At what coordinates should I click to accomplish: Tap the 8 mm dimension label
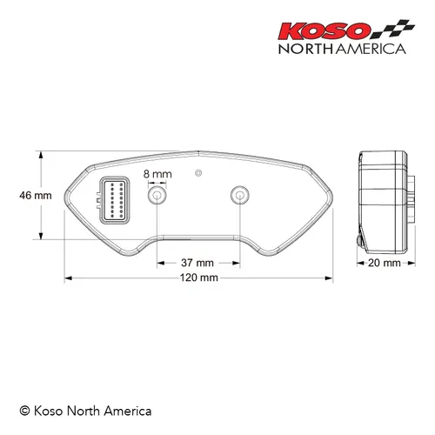tap(157, 174)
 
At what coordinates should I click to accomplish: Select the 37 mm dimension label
tap(197, 262)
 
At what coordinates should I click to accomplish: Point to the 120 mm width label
tap(198, 278)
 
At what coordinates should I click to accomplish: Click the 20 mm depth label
tap(384, 262)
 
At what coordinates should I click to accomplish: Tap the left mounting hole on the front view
tap(157, 197)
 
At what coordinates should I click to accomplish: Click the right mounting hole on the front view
tap(238, 195)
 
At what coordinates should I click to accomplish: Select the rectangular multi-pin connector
tap(115, 200)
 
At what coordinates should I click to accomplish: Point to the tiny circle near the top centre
tap(198, 171)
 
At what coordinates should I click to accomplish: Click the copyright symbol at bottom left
tap(25, 410)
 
